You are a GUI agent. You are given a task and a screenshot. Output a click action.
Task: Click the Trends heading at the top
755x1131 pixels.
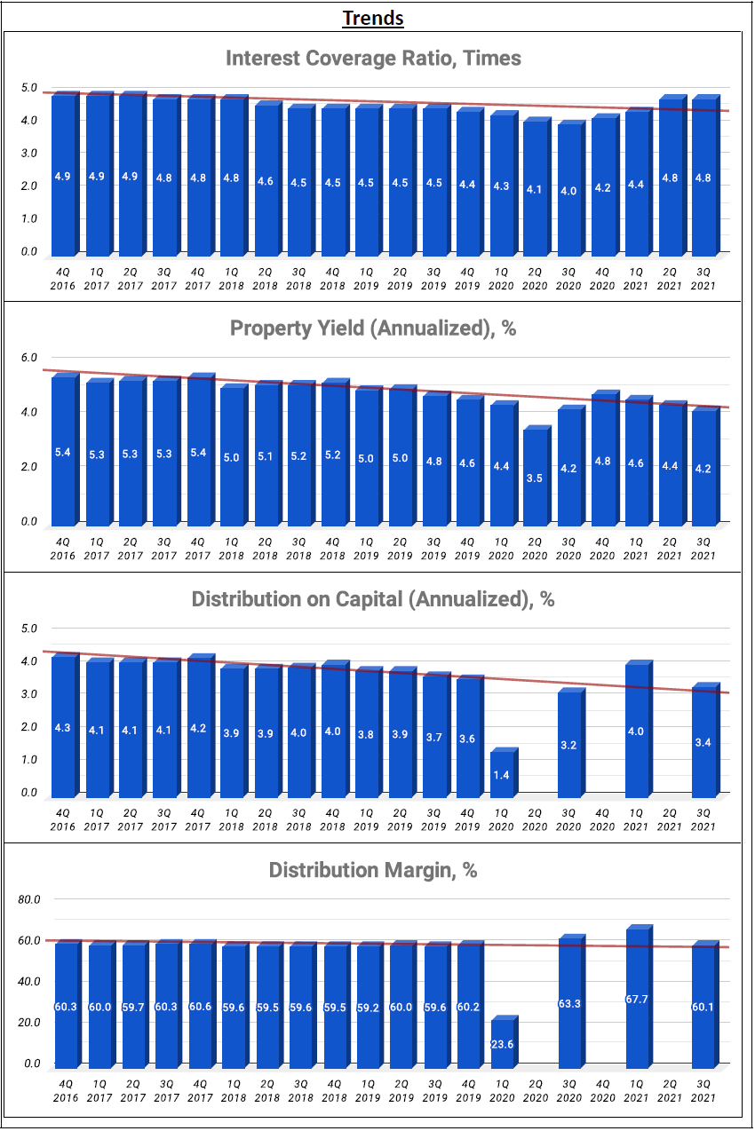click(x=373, y=18)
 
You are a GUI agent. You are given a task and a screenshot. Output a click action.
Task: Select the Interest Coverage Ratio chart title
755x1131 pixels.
click(x=373, y=59)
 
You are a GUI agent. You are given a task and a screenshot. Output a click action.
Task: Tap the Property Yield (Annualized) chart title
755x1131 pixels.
click(x=373, y=328)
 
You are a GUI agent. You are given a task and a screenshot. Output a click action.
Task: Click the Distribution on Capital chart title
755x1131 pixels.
click(x=373, y=599)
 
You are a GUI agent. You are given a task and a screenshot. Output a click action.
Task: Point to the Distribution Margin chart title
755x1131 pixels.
click(x=373, y=870)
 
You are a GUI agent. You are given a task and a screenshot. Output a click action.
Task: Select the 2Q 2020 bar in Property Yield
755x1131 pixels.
click(x=534, y=476)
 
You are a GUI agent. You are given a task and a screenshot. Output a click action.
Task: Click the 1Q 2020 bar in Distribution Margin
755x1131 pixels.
click(x=502, y=1042)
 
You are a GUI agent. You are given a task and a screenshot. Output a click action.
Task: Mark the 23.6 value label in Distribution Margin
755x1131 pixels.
click(x=502, y=1044)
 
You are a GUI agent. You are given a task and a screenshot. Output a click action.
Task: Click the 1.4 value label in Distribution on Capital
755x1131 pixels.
click(x=500, y=775)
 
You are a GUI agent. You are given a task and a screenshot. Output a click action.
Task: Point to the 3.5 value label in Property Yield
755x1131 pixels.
click(x=534, y=478)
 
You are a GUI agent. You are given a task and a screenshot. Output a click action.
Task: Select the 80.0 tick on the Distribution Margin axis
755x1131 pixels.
click(x=30, y=899)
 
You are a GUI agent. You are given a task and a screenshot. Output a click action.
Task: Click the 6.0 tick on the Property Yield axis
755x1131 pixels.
click(x=30, y=357)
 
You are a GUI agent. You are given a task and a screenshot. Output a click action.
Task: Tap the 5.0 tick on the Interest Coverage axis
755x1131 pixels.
click(x=30, y=88)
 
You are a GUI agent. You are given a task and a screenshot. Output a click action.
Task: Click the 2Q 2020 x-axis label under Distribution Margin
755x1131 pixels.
click(x=535, y=1090)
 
